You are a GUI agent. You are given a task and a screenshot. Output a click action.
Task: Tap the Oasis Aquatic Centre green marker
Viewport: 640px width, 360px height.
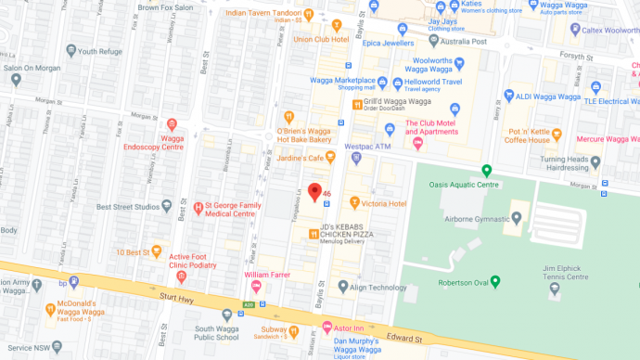(x=486, y=171)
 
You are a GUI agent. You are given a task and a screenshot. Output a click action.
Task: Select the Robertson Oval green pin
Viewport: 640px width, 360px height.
(x=495, y=281)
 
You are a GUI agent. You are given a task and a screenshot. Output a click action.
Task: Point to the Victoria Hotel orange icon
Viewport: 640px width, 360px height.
(x=353, y=202)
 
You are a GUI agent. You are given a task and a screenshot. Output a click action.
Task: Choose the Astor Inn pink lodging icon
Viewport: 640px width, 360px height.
(x=326, y=328)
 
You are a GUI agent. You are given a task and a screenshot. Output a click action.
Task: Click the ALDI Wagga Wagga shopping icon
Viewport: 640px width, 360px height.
(x=507, y=96)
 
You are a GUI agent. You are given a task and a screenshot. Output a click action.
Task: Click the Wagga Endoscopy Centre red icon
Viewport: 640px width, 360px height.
(x=172, y=124)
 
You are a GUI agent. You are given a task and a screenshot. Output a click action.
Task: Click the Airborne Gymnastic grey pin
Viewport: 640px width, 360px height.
(x=516, y=218)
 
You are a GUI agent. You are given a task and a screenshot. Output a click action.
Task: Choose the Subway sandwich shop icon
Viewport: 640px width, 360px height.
(x=294, y=329)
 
